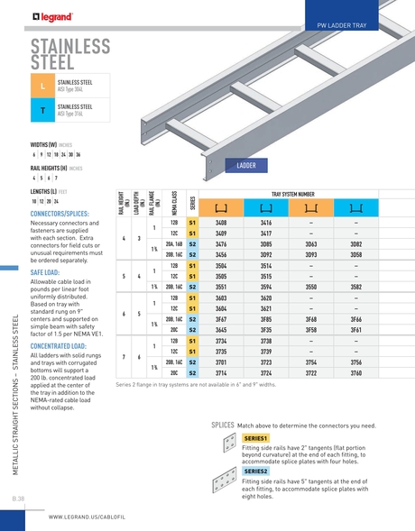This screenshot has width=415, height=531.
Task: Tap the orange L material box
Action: (41, 86)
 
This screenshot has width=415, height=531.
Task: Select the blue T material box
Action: (41, 111)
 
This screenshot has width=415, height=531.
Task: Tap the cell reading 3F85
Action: (266, 319)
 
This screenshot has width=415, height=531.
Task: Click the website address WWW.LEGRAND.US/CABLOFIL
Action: (93, 517)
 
